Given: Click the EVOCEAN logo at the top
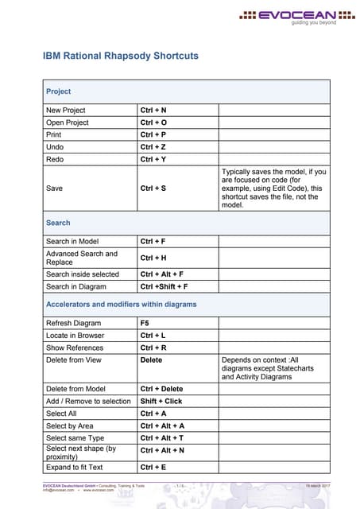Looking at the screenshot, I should pos(307,17).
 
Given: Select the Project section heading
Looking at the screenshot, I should pos(59,91).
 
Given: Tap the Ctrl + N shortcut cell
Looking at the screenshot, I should pos(153,110).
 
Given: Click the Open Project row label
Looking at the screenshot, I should pos(68,122).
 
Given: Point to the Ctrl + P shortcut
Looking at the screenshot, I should pos(153,134).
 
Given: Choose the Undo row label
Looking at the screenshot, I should pos(55,147).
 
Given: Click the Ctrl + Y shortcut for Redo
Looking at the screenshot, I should pos(153,160).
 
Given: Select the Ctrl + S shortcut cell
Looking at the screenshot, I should pos(153,188).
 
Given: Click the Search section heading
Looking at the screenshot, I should pos(58,223).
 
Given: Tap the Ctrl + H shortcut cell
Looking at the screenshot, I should pos(153,258).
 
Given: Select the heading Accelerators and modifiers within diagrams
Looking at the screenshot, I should pos(122,304).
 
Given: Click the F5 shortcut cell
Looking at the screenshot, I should pos(145,324).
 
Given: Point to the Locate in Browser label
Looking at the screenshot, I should pos(75,336).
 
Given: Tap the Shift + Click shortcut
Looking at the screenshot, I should pos(161,401).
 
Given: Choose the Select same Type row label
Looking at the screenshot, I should pos(75,437).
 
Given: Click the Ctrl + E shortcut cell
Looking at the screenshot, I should pos(153,467).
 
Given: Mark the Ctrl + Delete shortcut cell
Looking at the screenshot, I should pos(161,389).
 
